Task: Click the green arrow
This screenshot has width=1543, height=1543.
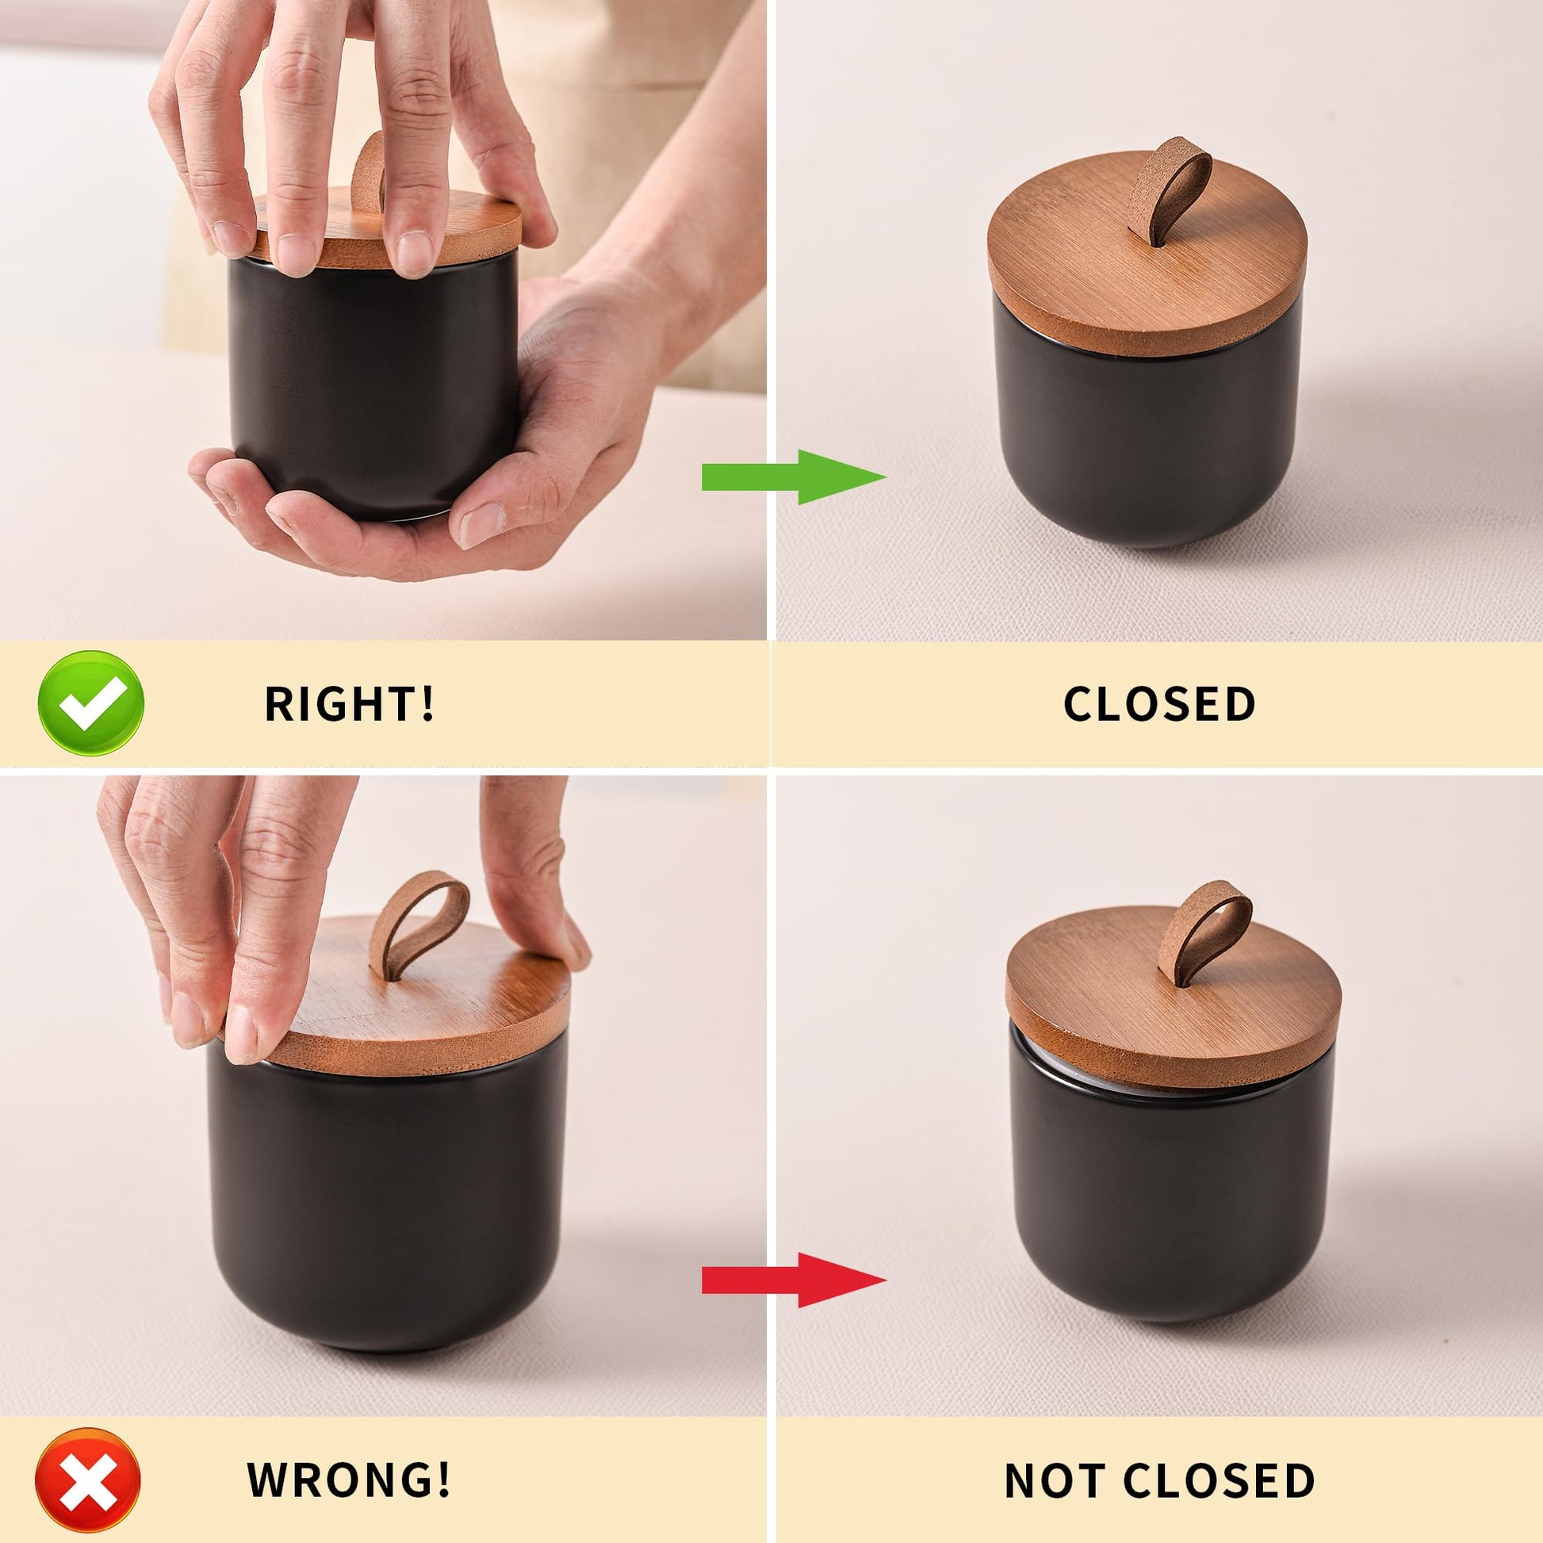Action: pyautogui.click(x=794, y=477)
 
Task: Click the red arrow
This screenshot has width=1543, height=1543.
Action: pyautogui.click(x=794, y=1281)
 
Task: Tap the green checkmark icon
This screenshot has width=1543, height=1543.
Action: pyautogui.click(x=91, y=703)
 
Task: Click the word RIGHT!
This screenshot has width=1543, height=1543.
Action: pyautogui.click(x=350, y=703)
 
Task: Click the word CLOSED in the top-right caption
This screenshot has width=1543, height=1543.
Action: pyautogui.click(x=1159, y=703)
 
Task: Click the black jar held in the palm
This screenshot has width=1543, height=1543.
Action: pyautogui.click(x=373, y=392)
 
